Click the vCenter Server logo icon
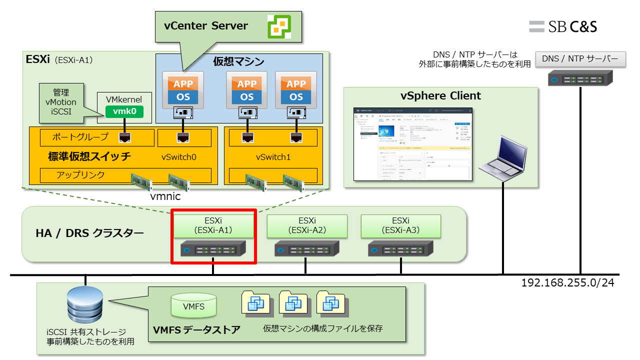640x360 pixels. pyautogui.click(x=279, y=26)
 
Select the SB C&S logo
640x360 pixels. pyautogui.click(x=563, y=26)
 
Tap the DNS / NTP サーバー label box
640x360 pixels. pyautogui.click(x=580, y=59)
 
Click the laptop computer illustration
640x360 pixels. pyautogui.click(x=501, y=158)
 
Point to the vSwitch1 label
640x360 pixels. pyautogui.click(x=273, y=157)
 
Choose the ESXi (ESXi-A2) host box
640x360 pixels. pyautogui.click(x=307, y=225)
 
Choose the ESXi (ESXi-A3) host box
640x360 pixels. pyautogui.click(x=401, y=225)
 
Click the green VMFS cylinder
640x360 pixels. pyautogui.click(x=193, y=305)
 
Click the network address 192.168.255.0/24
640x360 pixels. pyautogui.click(x=567, y=283)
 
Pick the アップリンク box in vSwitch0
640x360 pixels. pyautogui.click(x=125, y=175)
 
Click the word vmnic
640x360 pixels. pyautogui.click(x=165, y=196)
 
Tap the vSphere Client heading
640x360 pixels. pyautogui.click(x=440, y=95)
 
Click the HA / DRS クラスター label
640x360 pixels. pyautogui.click(x=89, y=233)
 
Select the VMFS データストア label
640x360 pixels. pyautogui.click(x=196, y=330)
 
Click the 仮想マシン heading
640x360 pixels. pyautogui.click(x=238, y=62)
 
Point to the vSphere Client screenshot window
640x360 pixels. pyautogui.click(x=412, y=144)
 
